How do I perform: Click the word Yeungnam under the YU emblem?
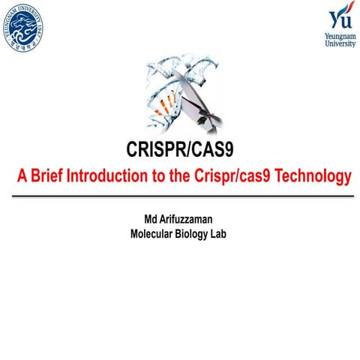[x=340, y=35]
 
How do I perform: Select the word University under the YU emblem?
[x=340, y=43]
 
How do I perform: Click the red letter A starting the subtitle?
[x=22, y=178]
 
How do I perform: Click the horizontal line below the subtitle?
[x=180, y=195]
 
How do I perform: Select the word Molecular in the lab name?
[x=153, y=233]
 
